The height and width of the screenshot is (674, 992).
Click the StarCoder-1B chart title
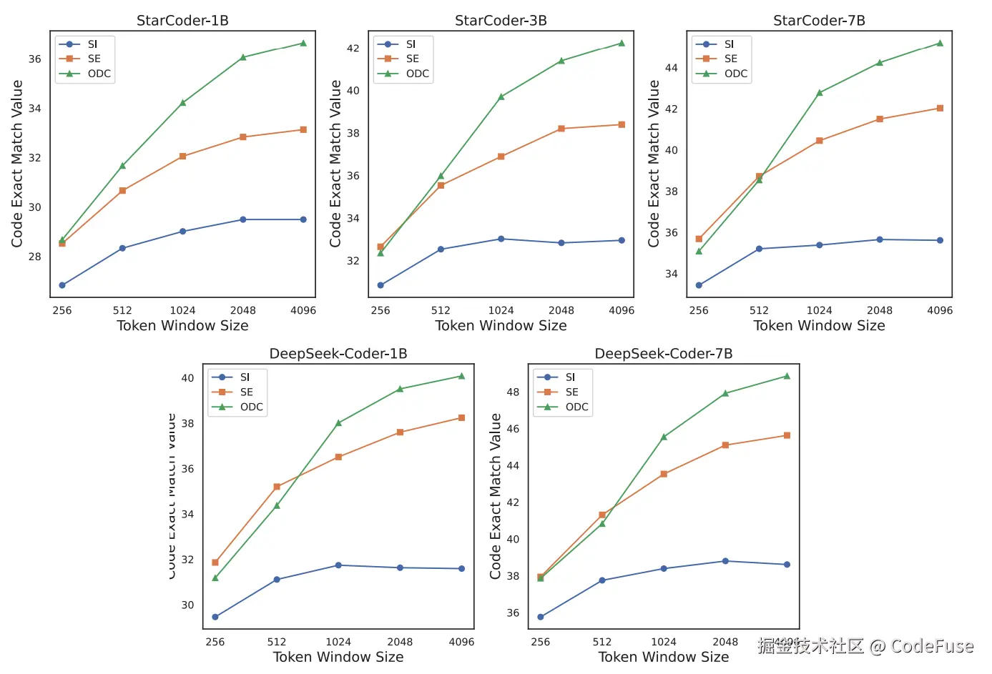click(x=182, y=21)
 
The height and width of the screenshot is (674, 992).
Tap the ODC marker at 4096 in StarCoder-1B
click(x=303, y=43)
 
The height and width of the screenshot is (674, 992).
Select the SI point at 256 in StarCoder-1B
click(x=62, y=285)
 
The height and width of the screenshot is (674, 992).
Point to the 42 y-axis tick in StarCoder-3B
click(x=353, y=49)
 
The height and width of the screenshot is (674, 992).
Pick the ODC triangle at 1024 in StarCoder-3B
click(x=501, y=96)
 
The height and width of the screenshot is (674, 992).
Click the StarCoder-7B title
click(x=819, y=21)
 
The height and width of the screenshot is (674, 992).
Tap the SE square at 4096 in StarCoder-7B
click(x=940, y=108)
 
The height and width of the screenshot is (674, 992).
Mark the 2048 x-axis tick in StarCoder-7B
click(x=880, y=310)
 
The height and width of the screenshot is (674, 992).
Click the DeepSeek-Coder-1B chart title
click(x=338, y=354)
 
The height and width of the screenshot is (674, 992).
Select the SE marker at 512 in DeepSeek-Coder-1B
click(x=277, y=487)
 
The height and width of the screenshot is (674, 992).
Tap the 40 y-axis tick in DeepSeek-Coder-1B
click(x=187, y=378)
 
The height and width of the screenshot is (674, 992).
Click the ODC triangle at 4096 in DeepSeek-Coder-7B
click(x=787, y=376)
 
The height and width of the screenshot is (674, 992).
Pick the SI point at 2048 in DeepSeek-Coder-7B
click(x=725, y=561)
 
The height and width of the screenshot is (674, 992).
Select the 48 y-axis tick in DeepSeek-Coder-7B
click(x=513, y=392)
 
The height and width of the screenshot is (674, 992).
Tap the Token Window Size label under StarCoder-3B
click(x=501, y=326)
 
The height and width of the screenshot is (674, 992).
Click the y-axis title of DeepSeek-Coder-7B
click(x=496, y=496)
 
